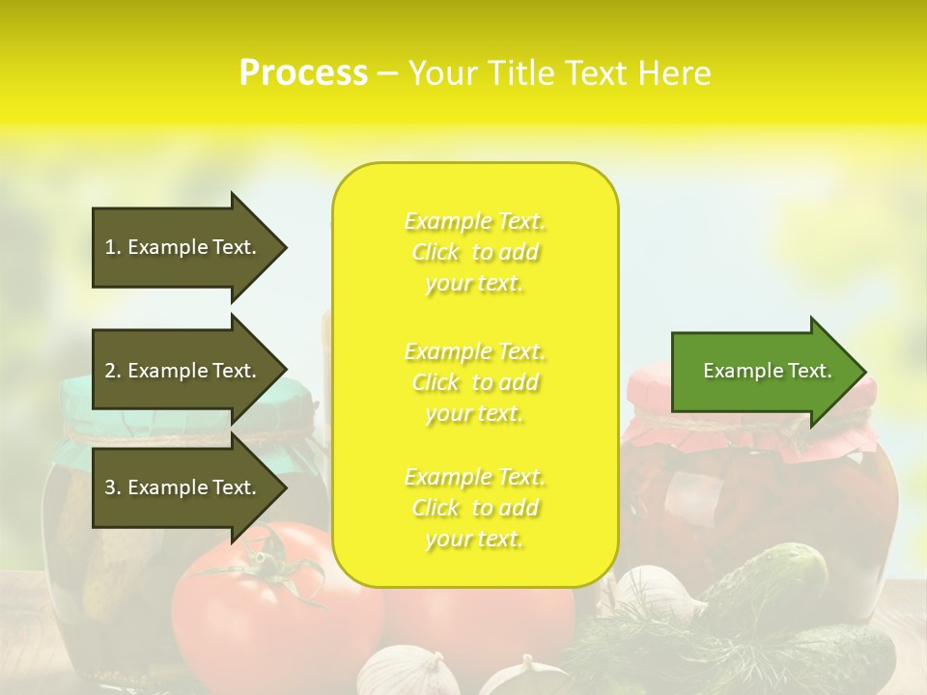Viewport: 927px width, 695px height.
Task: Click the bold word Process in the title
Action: coord(303,73)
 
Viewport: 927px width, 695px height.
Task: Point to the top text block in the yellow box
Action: coord(475,252)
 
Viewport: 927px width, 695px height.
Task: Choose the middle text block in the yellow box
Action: coord(475,382)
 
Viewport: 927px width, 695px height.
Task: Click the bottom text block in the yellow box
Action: coord(475,508)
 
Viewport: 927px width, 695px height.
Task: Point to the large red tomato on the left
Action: coord(261,618)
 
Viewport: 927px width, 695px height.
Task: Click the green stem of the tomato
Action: coord(270,570)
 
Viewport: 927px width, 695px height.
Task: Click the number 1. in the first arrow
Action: coord(113,247)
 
